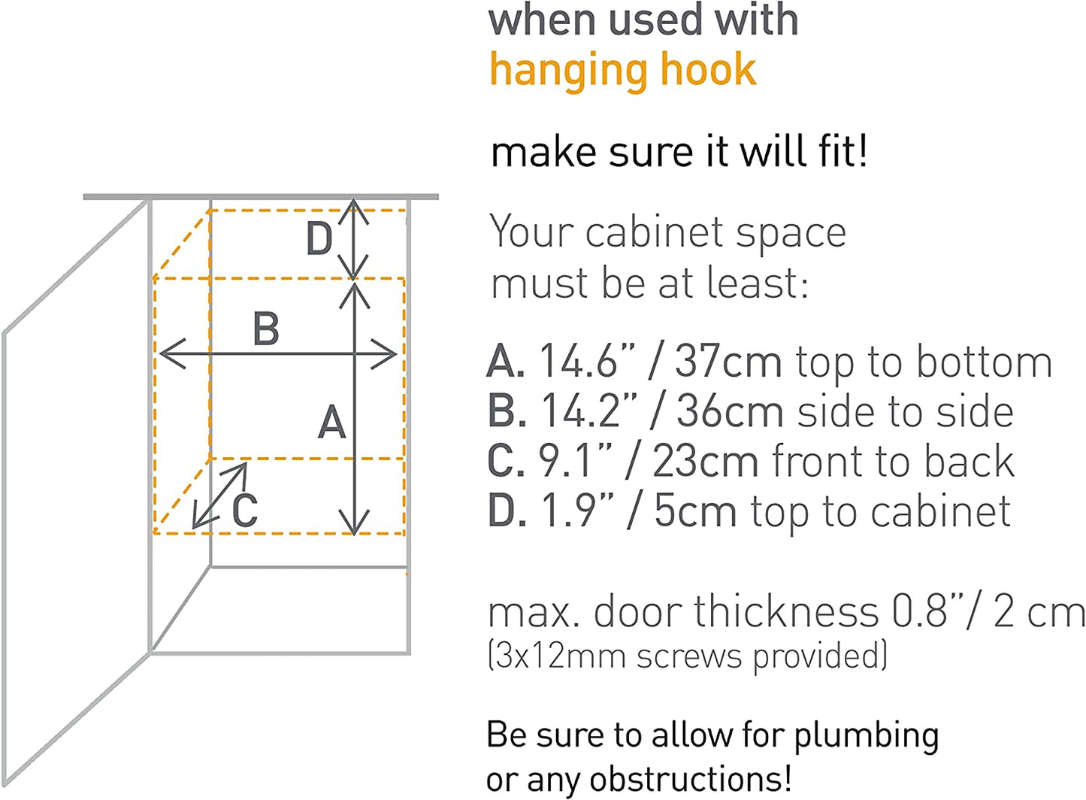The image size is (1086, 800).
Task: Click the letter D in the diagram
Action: [319, 238]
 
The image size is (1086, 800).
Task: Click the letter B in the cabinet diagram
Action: [266, 329]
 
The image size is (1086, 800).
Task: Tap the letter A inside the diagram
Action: [332, 422]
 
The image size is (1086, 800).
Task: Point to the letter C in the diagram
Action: [245, 510]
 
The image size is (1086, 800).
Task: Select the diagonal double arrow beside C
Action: [219, 495]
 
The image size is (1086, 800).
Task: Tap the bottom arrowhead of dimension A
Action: [355, 522]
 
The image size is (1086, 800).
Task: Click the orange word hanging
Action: [567, 71]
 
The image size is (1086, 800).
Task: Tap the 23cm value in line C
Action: [706, 462]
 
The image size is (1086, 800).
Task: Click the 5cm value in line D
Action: [695, 511]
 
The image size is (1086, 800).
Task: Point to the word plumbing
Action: [867, 736]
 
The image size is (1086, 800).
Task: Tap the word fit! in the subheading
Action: [842, 151]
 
